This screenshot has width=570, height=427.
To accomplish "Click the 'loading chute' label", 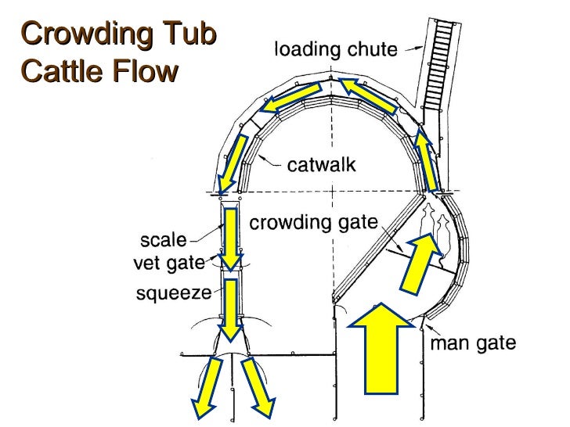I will pyautogui.click(x=335, y=50).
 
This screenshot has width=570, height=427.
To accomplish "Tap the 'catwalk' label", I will pyautogui.click(x=321, y=165).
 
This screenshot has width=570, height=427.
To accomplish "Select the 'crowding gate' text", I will pyautogui.click(x=313, y=224).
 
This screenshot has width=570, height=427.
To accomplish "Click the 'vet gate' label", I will pyautogui.click(x=169, y=264).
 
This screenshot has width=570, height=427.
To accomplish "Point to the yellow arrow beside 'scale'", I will pyautogui.click(x=229, y=239).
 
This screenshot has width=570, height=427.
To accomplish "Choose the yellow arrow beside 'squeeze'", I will pyautogui.click(x=229, y=310).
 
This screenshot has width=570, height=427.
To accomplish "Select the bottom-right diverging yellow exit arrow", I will pyautogui.click(x=257, y=386).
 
